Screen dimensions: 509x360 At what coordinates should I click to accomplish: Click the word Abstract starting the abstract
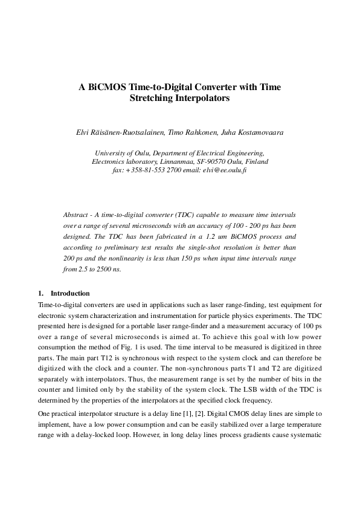(76, 215)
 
